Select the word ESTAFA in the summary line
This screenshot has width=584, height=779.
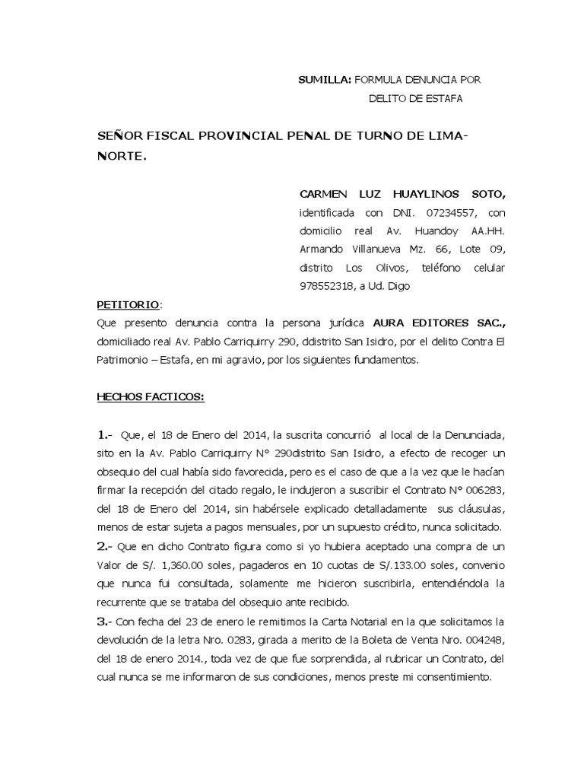point(439,98)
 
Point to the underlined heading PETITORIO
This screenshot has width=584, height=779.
point(128,304)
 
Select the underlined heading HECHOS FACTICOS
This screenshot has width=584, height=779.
point(150,397)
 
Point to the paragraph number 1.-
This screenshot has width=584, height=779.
point(105,435)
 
